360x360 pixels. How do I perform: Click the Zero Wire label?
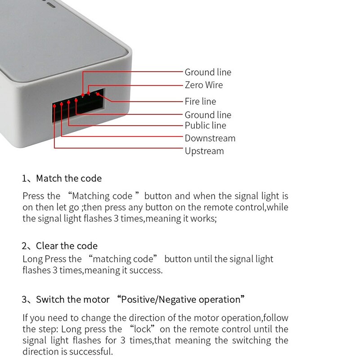pos(203,85)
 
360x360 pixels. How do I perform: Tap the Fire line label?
pos(200,101)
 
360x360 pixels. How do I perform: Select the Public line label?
pos(205,126)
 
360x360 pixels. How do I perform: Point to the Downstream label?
pos(210,138)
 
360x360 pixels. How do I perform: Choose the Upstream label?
pos(204,151)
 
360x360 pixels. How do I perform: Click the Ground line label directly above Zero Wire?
pos(207,72)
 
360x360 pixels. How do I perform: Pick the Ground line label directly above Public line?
pos(207,115)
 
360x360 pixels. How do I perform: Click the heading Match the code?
pos(68,178)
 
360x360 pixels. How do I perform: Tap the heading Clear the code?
pos(67,246)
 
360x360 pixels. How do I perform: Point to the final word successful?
pos(90,351)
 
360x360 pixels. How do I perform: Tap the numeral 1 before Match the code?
pos(24,178)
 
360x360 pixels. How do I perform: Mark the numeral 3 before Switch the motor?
pos(24,299)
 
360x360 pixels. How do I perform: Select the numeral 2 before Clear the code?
pos(24,246)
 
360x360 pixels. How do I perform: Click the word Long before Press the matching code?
pos(32,259)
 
